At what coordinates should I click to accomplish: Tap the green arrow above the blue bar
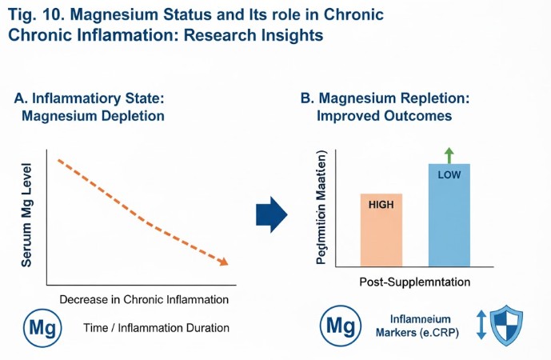point(449,154)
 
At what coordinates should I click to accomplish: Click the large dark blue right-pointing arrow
point(271,214)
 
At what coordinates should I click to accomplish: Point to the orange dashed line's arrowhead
point(224,262)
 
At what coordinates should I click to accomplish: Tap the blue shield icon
point(506,326)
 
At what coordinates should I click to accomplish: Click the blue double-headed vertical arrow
point(481,326)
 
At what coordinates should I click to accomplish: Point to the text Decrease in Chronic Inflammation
point(145,300)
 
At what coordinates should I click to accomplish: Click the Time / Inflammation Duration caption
point(156,328)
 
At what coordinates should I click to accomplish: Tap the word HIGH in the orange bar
point(381,204)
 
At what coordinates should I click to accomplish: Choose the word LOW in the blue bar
point(449,174)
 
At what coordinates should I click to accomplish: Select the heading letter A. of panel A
point(22,98)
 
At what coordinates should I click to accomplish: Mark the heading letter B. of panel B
point(307,98)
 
